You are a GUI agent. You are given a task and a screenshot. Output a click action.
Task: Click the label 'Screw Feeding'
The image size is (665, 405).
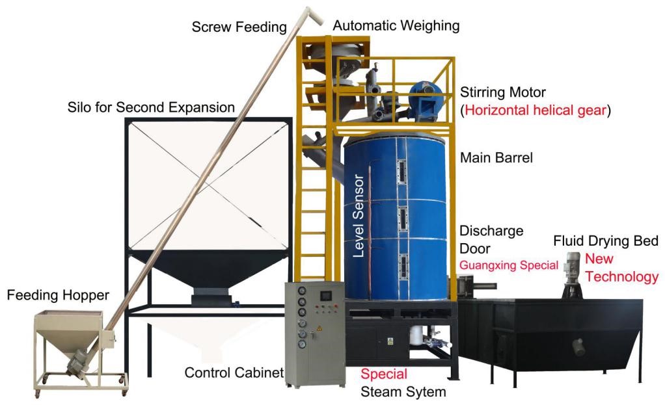click(239, 27)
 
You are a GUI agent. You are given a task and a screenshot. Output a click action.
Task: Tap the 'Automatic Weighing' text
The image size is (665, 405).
click(396, 26)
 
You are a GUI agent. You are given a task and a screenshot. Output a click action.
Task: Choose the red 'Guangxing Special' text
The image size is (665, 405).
click(509, 265)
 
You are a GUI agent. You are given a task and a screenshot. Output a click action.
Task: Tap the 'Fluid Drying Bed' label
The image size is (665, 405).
click(606, 241)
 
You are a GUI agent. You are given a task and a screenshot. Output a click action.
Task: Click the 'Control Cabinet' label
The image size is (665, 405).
click(234, 372)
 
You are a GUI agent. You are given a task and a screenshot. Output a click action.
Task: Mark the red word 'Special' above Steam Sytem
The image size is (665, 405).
click(384, 374)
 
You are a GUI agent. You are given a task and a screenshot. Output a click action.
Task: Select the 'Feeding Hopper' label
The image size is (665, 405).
click(58, 296)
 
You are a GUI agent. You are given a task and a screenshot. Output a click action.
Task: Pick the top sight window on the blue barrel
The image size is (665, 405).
click(400, 172)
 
